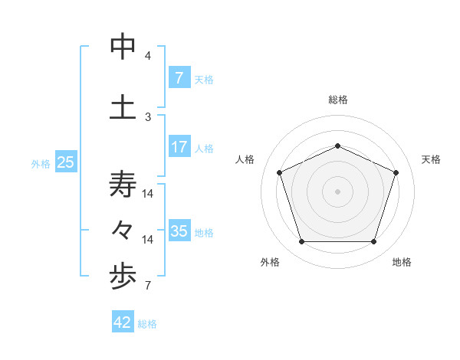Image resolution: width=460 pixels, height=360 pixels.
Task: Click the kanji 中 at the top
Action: (123, 47)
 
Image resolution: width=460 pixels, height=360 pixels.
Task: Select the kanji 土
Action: (123, 107)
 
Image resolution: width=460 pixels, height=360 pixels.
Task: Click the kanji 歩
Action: (123, 279)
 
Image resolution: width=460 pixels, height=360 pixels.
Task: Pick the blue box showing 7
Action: (179, 78)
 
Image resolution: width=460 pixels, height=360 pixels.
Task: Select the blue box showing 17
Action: (179, 147)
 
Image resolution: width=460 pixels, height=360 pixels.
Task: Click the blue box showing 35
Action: (179, 231)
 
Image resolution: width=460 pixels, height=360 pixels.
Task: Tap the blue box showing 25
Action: (65, 162)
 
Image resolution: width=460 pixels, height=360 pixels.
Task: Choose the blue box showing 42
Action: (123, 322)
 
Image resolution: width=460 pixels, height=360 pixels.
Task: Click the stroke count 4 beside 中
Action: (148, 56)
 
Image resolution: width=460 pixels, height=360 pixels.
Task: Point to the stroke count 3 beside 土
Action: (148, 116)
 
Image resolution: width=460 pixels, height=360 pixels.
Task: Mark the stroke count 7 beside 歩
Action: (148, 286)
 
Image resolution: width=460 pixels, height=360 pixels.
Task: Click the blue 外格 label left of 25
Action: (41, 163)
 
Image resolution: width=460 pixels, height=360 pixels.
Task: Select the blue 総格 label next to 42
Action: (147, 323)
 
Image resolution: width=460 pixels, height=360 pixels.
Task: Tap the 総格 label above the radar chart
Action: (337, 100)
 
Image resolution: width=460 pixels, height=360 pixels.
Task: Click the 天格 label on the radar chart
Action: (431, 159)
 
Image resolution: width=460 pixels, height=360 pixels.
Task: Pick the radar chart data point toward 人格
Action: (279, 172)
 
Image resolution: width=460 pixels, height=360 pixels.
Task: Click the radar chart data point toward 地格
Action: (373, 241)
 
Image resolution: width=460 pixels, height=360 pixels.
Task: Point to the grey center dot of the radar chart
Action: (337, 191)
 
